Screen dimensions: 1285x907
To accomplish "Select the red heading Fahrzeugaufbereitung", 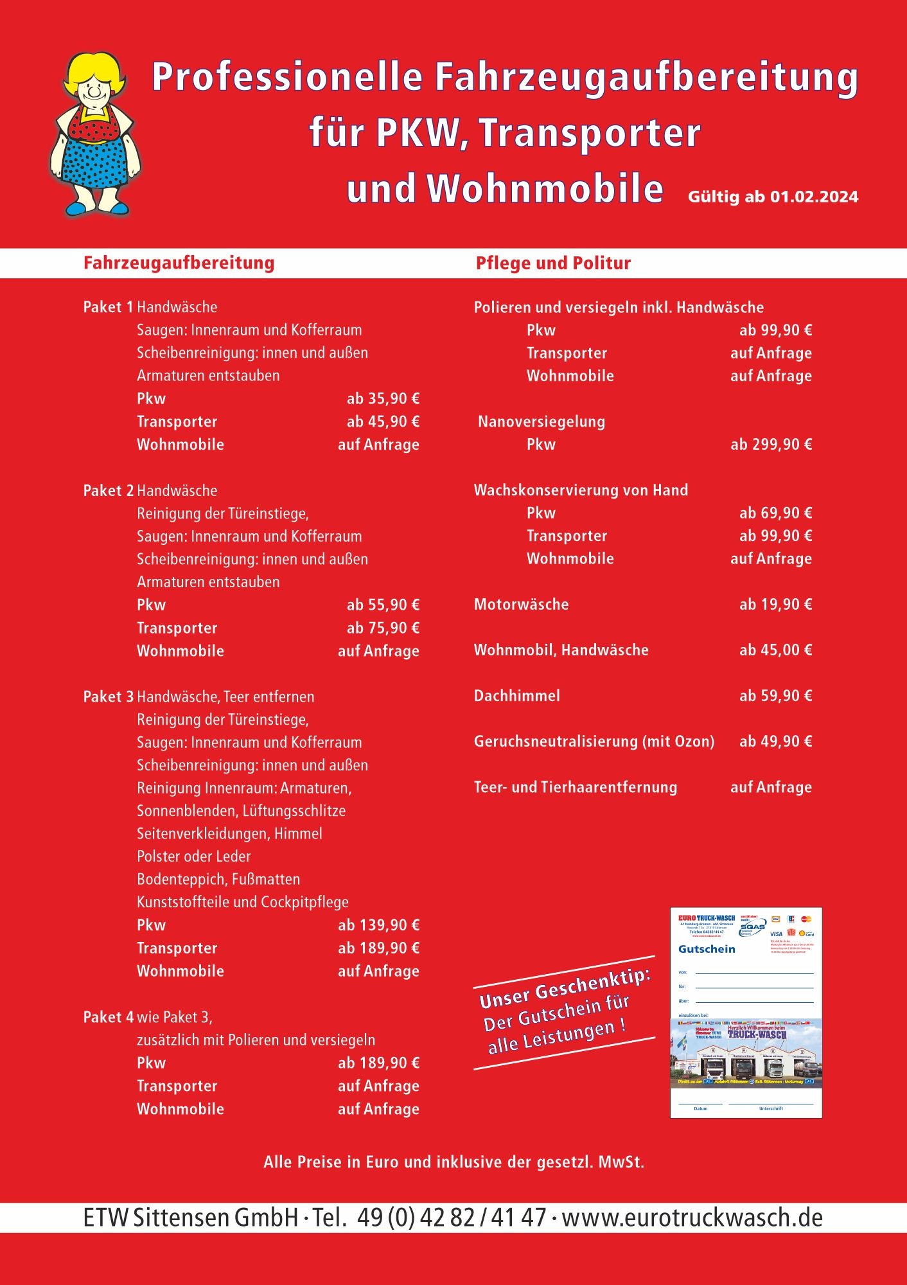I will tap(179, 263).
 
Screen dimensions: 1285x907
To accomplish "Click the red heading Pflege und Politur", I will tap(553, 263).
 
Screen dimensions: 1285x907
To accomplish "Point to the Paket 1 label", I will tap(108, 307).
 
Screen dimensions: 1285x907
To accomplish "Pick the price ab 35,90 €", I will tap(383, 399).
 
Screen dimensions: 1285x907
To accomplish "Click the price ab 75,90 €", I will tap(383, 628).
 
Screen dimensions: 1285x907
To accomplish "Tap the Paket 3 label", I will tap(108, 697).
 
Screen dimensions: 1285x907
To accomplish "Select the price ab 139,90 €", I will tap(378, 925).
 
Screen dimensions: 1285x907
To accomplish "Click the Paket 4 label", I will tap(108, 1017).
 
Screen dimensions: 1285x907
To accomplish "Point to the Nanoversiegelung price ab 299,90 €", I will tap(771, 445).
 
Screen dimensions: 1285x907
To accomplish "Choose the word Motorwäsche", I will tap(521, 605).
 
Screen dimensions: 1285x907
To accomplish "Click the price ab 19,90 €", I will tap(775, 605).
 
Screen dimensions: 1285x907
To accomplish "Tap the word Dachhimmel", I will tap(516, 696).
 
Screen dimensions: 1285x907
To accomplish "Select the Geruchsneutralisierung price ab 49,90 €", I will tap(775, 741).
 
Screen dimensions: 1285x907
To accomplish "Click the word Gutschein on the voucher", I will tap(707, 949).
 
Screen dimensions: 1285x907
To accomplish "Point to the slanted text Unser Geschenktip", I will tap(565, 990).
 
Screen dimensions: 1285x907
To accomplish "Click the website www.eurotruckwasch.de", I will tap(692, 1218).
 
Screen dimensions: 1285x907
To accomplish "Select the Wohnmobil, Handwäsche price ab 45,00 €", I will tap(775, 650).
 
